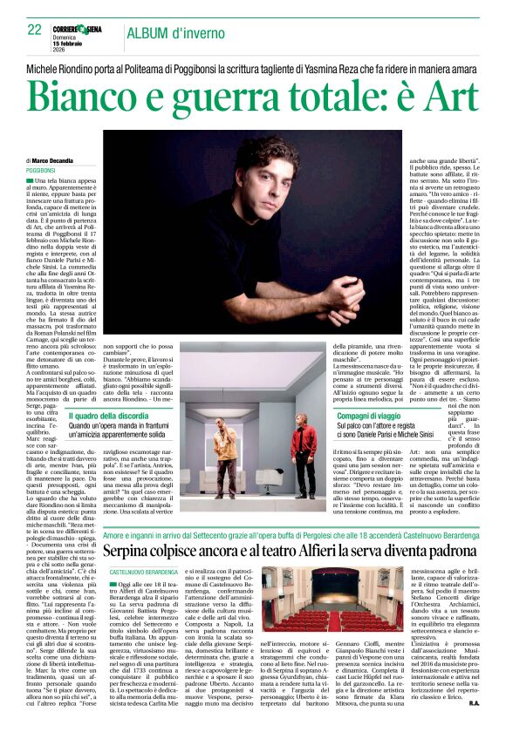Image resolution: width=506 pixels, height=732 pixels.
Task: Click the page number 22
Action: pos(35,30)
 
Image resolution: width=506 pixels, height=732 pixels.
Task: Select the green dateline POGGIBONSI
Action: pos(43,171)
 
